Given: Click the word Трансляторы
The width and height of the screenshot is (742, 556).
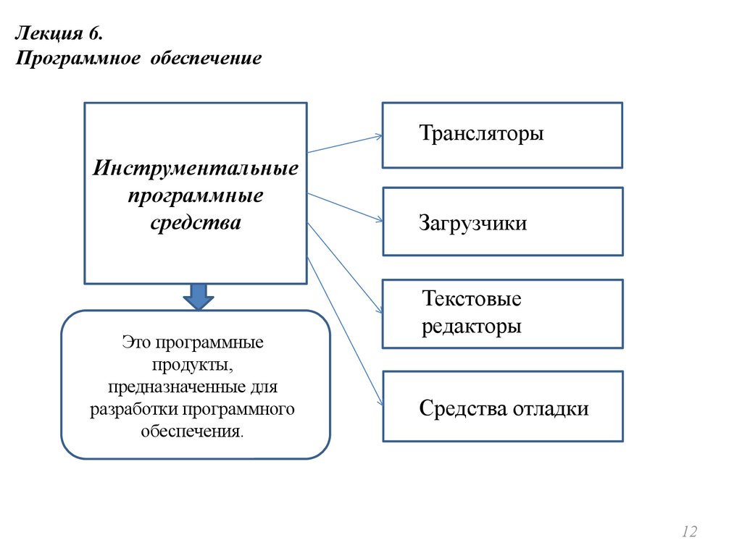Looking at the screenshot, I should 480,134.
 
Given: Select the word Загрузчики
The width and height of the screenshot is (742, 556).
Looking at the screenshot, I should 472,223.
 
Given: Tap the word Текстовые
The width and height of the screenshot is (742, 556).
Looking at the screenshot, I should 471,299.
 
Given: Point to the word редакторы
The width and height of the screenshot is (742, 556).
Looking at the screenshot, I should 471,326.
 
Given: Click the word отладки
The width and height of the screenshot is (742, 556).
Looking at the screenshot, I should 551,409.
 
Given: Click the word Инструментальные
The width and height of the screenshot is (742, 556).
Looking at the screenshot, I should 196,169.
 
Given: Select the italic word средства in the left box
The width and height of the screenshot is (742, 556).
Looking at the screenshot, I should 196,223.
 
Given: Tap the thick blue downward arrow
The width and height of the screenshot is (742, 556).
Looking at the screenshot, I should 196,295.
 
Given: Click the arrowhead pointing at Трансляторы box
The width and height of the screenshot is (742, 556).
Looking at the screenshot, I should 378,135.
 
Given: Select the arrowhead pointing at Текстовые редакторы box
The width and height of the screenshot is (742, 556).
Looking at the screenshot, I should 379,310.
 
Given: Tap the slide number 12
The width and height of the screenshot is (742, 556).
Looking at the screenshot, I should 688,532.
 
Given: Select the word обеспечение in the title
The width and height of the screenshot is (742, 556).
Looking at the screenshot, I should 206,57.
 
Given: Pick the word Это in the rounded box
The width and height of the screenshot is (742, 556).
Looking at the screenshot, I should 136,342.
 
